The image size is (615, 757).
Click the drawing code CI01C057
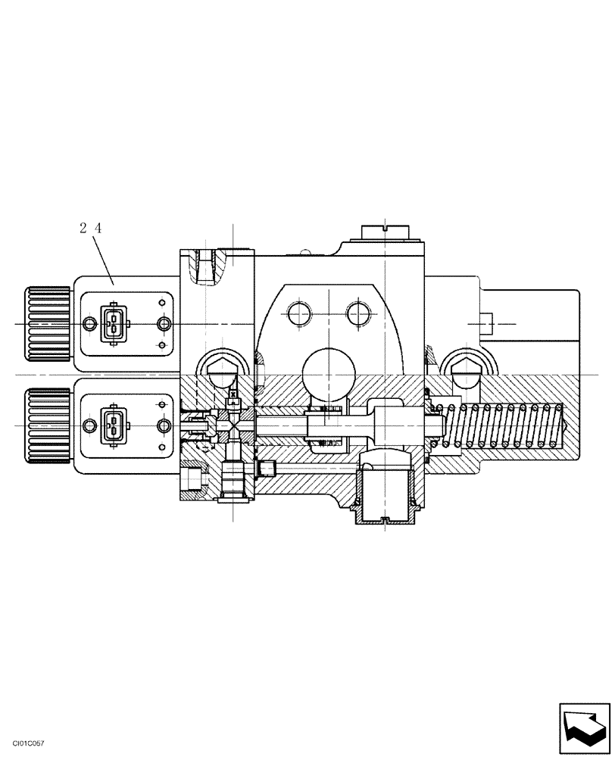point(23,745)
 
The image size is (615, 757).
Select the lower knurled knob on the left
point(49,425)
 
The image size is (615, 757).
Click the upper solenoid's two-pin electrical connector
point(112,324)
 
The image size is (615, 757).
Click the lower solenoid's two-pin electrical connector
point(112,425)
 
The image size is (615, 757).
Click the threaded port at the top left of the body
point(206,266)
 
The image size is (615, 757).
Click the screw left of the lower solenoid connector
point(89,425)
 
